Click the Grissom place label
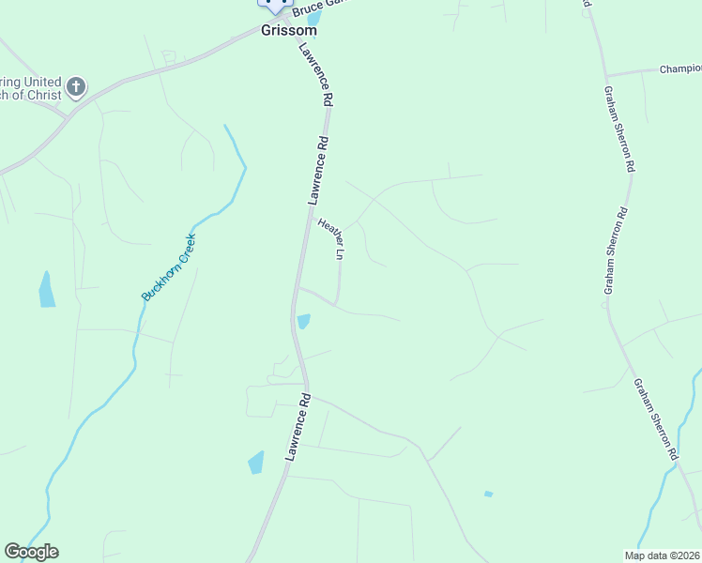(x=288, y=30)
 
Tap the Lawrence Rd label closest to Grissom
(x=315, y=74)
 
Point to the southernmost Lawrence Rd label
(x=298, y=426)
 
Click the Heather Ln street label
(x=331, y=238)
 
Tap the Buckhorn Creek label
(x=169, y=267)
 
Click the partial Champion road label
(x=679, y=68)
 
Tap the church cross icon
(x=76, y=88)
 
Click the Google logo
(x=31, y=552)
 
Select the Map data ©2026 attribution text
(x=663, y=555)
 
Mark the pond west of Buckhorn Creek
(x=46, y=290)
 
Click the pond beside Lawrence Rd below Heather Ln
(x=303, y=322)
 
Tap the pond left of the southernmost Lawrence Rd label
(x=256, y=462)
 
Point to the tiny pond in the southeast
(x=488, y=494)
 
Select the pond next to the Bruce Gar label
(x=313, y=18)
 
